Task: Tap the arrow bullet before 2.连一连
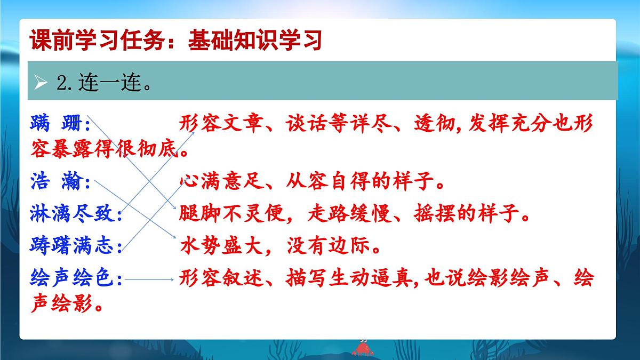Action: click(41, 83)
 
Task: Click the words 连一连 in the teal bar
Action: click(109, 83)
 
